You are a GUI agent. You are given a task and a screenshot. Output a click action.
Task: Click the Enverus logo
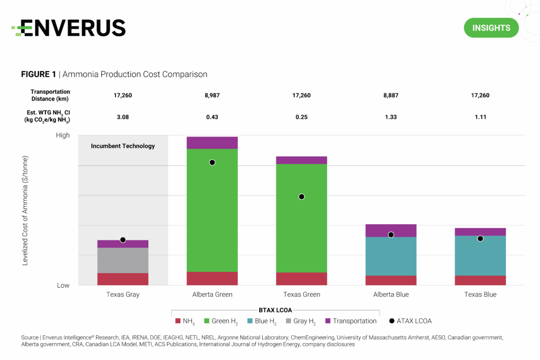69,27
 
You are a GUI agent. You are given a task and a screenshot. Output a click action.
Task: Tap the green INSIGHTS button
491,28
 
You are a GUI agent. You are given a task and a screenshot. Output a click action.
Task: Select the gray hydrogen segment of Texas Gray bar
123,260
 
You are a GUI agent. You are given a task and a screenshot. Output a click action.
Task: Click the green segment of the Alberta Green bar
212,211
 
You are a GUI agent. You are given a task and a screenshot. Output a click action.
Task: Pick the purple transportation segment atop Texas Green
302,160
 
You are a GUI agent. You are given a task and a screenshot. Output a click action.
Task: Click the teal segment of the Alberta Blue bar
391,256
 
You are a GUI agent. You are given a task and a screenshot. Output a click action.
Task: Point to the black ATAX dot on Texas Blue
480,239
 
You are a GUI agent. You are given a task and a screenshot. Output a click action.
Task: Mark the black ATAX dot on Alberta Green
212,162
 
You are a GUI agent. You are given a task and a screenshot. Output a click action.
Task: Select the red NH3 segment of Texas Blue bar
480,280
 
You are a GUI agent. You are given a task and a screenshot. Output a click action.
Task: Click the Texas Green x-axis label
302,295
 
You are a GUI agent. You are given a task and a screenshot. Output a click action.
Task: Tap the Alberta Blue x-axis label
391,295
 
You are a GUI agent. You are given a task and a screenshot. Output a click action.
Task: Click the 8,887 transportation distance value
391,95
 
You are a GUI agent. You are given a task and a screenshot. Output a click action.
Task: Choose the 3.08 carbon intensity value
123,116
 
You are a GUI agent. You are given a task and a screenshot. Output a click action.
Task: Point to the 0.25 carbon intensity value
302,116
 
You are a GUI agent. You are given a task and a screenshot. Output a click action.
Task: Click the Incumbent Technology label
123,146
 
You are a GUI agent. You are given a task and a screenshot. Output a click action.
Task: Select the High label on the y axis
63,135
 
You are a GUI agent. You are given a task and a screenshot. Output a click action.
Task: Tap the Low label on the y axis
63,285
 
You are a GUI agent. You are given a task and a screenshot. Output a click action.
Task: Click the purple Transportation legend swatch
328,321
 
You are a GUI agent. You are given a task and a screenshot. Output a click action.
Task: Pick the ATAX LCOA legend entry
411,321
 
